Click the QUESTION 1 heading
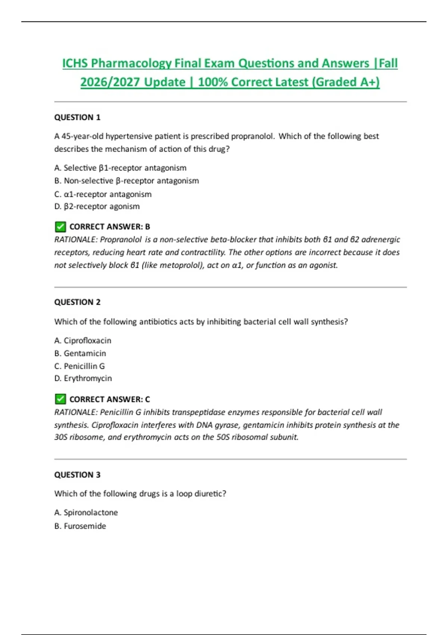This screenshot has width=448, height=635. click(x=77, y=117)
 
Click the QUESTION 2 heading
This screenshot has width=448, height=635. click(x=77, y=302)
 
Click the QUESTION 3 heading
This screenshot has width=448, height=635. click(x=77, y=475)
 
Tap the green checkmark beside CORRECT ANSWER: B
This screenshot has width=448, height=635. click(x=60, y=227)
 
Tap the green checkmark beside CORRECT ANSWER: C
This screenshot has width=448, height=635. click(x=60, y=399)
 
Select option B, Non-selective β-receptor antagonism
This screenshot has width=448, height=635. click(x=127, y=181)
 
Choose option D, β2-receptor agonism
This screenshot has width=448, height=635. click(x=97, y=207)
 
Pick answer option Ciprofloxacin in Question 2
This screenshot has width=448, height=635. click(x=83, y=341)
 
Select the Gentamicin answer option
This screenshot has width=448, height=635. click(x=80, y=353)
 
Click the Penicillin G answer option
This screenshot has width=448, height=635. click(x=80, y=366)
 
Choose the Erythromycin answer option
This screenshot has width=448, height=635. click(x=83, y=378)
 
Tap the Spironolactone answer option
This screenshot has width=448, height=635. click(x=86, y=512)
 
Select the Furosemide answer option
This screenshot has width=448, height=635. click(x=80, y=526)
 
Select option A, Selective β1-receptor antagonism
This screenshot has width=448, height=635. click(x=120, y=168)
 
